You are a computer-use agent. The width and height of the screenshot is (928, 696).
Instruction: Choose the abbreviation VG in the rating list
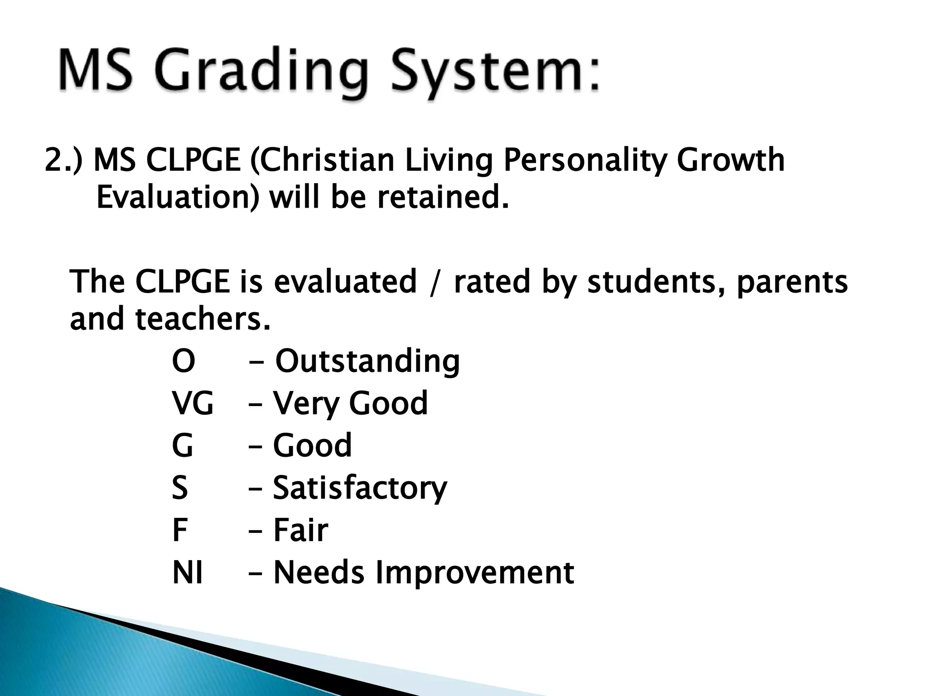click(193, 403)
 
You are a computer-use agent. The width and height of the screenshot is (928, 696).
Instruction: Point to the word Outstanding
click(367, 361)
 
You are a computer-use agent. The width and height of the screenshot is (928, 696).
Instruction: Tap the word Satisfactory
click(360, 488)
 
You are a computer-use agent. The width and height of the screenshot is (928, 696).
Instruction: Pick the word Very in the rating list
click(306, 403)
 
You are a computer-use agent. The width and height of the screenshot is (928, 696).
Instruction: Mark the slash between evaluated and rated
click(435, 282)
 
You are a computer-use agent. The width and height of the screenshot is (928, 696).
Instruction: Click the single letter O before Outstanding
click(184, 361)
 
